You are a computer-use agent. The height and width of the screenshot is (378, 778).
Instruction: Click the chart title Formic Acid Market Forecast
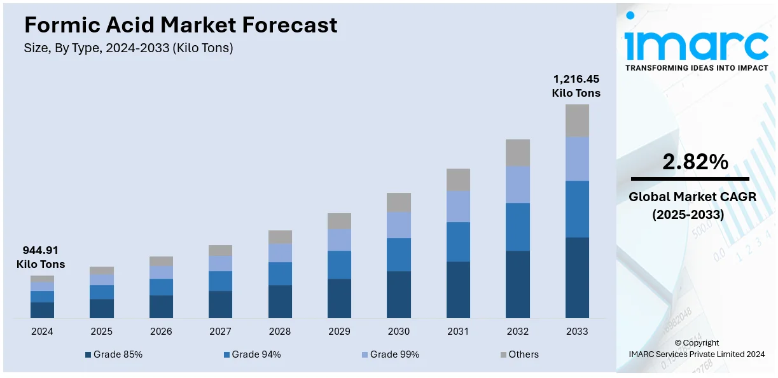181,25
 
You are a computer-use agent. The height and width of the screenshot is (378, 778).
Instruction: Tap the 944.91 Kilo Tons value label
41,256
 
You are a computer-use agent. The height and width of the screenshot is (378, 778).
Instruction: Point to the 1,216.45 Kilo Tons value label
576,86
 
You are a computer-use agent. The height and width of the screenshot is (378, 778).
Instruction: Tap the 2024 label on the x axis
42,332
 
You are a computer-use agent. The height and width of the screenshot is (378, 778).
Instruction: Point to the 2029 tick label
339,332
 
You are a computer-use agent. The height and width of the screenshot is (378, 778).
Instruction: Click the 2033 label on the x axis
577,332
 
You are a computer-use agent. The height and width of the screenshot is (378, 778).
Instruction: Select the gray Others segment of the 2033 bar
577,120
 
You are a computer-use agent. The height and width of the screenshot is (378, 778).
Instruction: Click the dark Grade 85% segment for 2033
577,277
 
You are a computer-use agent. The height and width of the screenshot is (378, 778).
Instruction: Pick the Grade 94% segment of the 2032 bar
518,227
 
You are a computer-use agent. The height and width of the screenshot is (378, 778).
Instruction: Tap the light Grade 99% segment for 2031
458,206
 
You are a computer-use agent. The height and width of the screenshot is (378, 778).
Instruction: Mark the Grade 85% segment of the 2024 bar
42,310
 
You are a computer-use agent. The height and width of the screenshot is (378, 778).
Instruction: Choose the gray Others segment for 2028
280,237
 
